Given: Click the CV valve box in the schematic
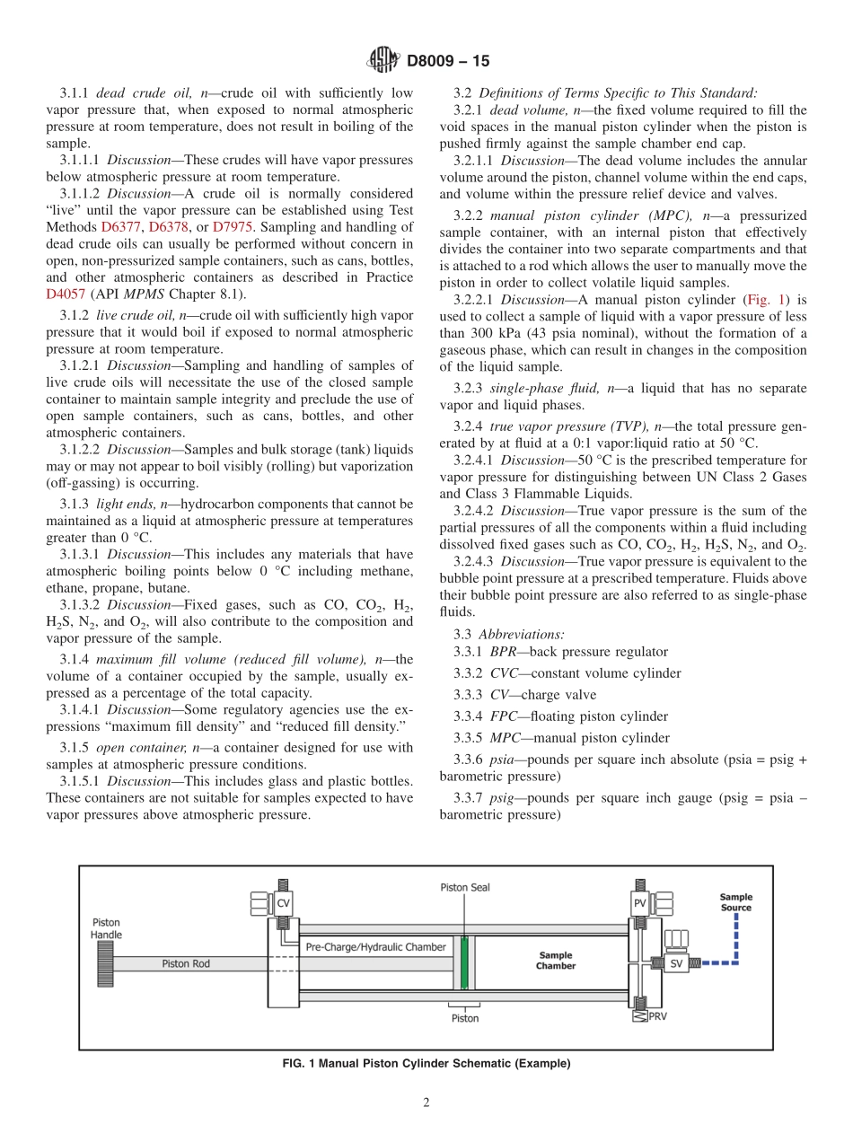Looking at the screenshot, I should pyautogui.click(x=284, y=903).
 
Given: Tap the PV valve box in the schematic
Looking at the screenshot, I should pyautogui.click(x=640, y=903).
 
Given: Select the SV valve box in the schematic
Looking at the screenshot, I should pyautogui.click(x=677, y=963).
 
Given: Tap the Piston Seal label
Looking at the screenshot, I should pyautogui.click(x=465, y=887).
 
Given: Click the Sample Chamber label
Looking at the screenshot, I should pyautogui.click(x=556, y=961).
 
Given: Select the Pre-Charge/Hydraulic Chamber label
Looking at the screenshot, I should pyautogui.click(x=375, y=947).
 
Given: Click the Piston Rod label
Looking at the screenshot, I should pyautogui.click(x=186, y=963).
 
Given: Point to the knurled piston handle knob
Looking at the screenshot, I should pyautogui.click(x=101, y=963).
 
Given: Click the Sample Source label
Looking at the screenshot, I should pyautogui.click(x=736, y=901).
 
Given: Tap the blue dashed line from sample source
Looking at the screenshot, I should pyautogui.click(x=735, y=943).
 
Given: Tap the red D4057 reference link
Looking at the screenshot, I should pyautogui.click(x=66, y=294).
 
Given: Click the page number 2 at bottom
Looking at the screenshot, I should pyautogui.click(x=426, y=1103).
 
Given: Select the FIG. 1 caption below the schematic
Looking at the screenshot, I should pyautogui.click(x=426, y=1064).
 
